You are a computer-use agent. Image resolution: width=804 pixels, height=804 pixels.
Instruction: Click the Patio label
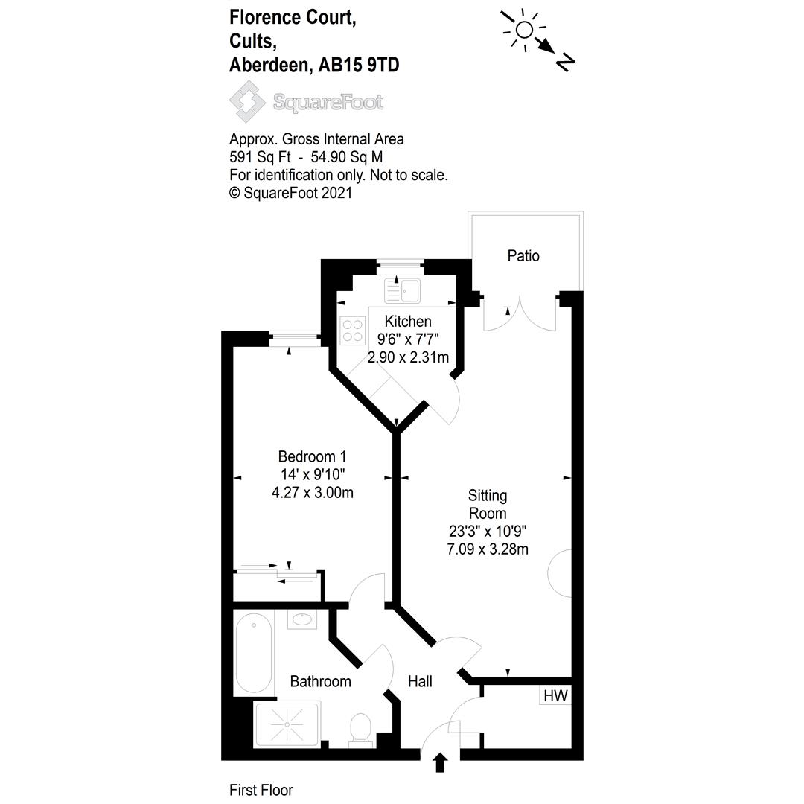pyautogui.click(x=523, y=256)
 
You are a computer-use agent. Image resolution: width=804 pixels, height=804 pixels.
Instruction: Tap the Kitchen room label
pyautogui.click(x=407, y=322)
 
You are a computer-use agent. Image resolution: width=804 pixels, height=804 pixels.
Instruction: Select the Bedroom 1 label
pyautogui.click(x=312, y=456)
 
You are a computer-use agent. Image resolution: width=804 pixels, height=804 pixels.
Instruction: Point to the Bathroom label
pyautogui.click(x=320, y=681)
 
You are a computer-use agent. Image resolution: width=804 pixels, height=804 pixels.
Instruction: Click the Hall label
pyautogui.click(x=420, y=681)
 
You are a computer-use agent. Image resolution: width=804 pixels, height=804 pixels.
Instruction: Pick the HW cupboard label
pyautogui.click(x=555, y=697)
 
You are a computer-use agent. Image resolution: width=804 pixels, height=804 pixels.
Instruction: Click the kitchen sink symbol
pyautogui.click(x=403, y=290)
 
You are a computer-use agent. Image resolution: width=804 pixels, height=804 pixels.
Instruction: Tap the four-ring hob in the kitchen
pyautogui.click(x=353, y=331)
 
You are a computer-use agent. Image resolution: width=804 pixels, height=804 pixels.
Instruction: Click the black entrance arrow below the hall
pyautogui.click(x=440, y=762)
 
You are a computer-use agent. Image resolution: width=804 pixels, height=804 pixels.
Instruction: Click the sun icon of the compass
pyautogui.click(x=524, y=30)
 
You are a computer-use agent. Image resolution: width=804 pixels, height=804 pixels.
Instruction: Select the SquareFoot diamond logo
pyautogui.click(x=247, y=101)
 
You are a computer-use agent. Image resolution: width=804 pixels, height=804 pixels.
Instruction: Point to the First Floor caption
pyautogui.click(x=261, y=790)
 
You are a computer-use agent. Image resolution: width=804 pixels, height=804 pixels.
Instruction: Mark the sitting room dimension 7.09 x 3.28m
pyautogui.click(x=488, y=549)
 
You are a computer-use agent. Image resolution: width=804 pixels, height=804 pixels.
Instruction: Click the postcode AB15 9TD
pyautogui.click(x=359, y=65)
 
